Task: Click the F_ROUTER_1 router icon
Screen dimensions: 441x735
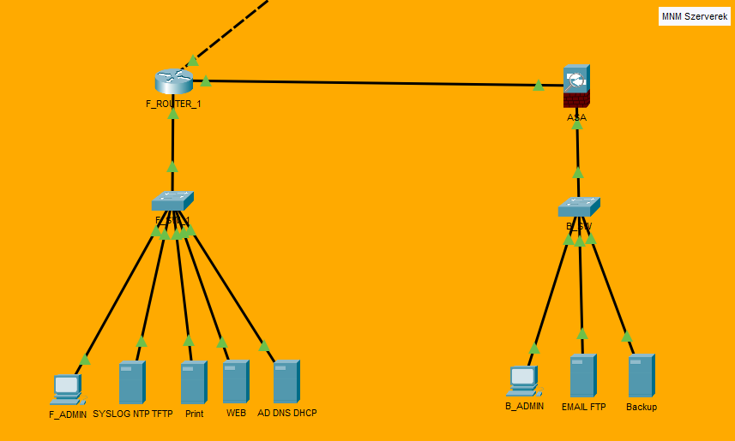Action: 174,81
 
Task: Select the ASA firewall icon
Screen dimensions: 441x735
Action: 577,86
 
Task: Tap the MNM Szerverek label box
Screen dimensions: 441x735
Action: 694,16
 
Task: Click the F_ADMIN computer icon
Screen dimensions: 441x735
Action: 67,390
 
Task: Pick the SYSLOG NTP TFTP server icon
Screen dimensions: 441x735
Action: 131,383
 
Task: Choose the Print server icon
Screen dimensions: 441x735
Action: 193,383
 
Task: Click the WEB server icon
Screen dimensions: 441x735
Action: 235,382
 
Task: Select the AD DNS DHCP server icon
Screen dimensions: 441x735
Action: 286,382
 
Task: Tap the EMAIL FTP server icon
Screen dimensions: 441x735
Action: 582,376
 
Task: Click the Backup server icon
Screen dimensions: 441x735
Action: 641,376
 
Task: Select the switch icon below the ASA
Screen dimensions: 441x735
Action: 579,207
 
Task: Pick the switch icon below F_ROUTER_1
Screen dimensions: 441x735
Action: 172,201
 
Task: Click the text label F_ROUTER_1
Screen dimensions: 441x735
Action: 173,104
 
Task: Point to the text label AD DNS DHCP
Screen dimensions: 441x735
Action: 287,414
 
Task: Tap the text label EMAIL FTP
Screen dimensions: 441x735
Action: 583,408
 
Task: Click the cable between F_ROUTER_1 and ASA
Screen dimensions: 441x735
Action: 369,83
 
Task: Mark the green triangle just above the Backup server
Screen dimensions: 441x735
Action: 627,337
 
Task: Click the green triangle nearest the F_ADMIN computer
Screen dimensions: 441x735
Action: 85,359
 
